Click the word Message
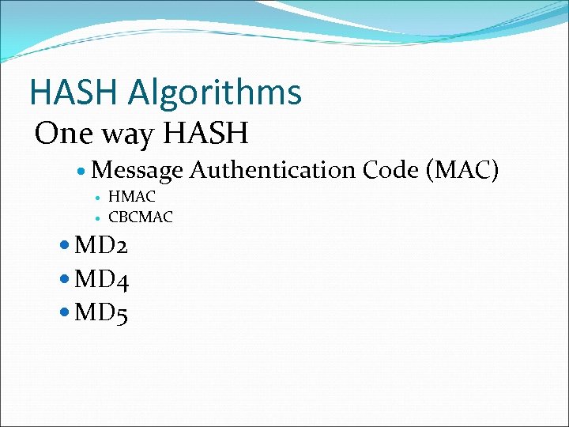click(x=137, y=170)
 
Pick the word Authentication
click(x=272, y=170)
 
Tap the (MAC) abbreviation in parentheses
click(x=462, y=170)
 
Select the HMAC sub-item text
click(x=132, y=197)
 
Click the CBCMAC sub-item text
click(x=141, y=216)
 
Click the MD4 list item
click(x=101, y=280)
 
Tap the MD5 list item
click(x=101, y=314)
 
